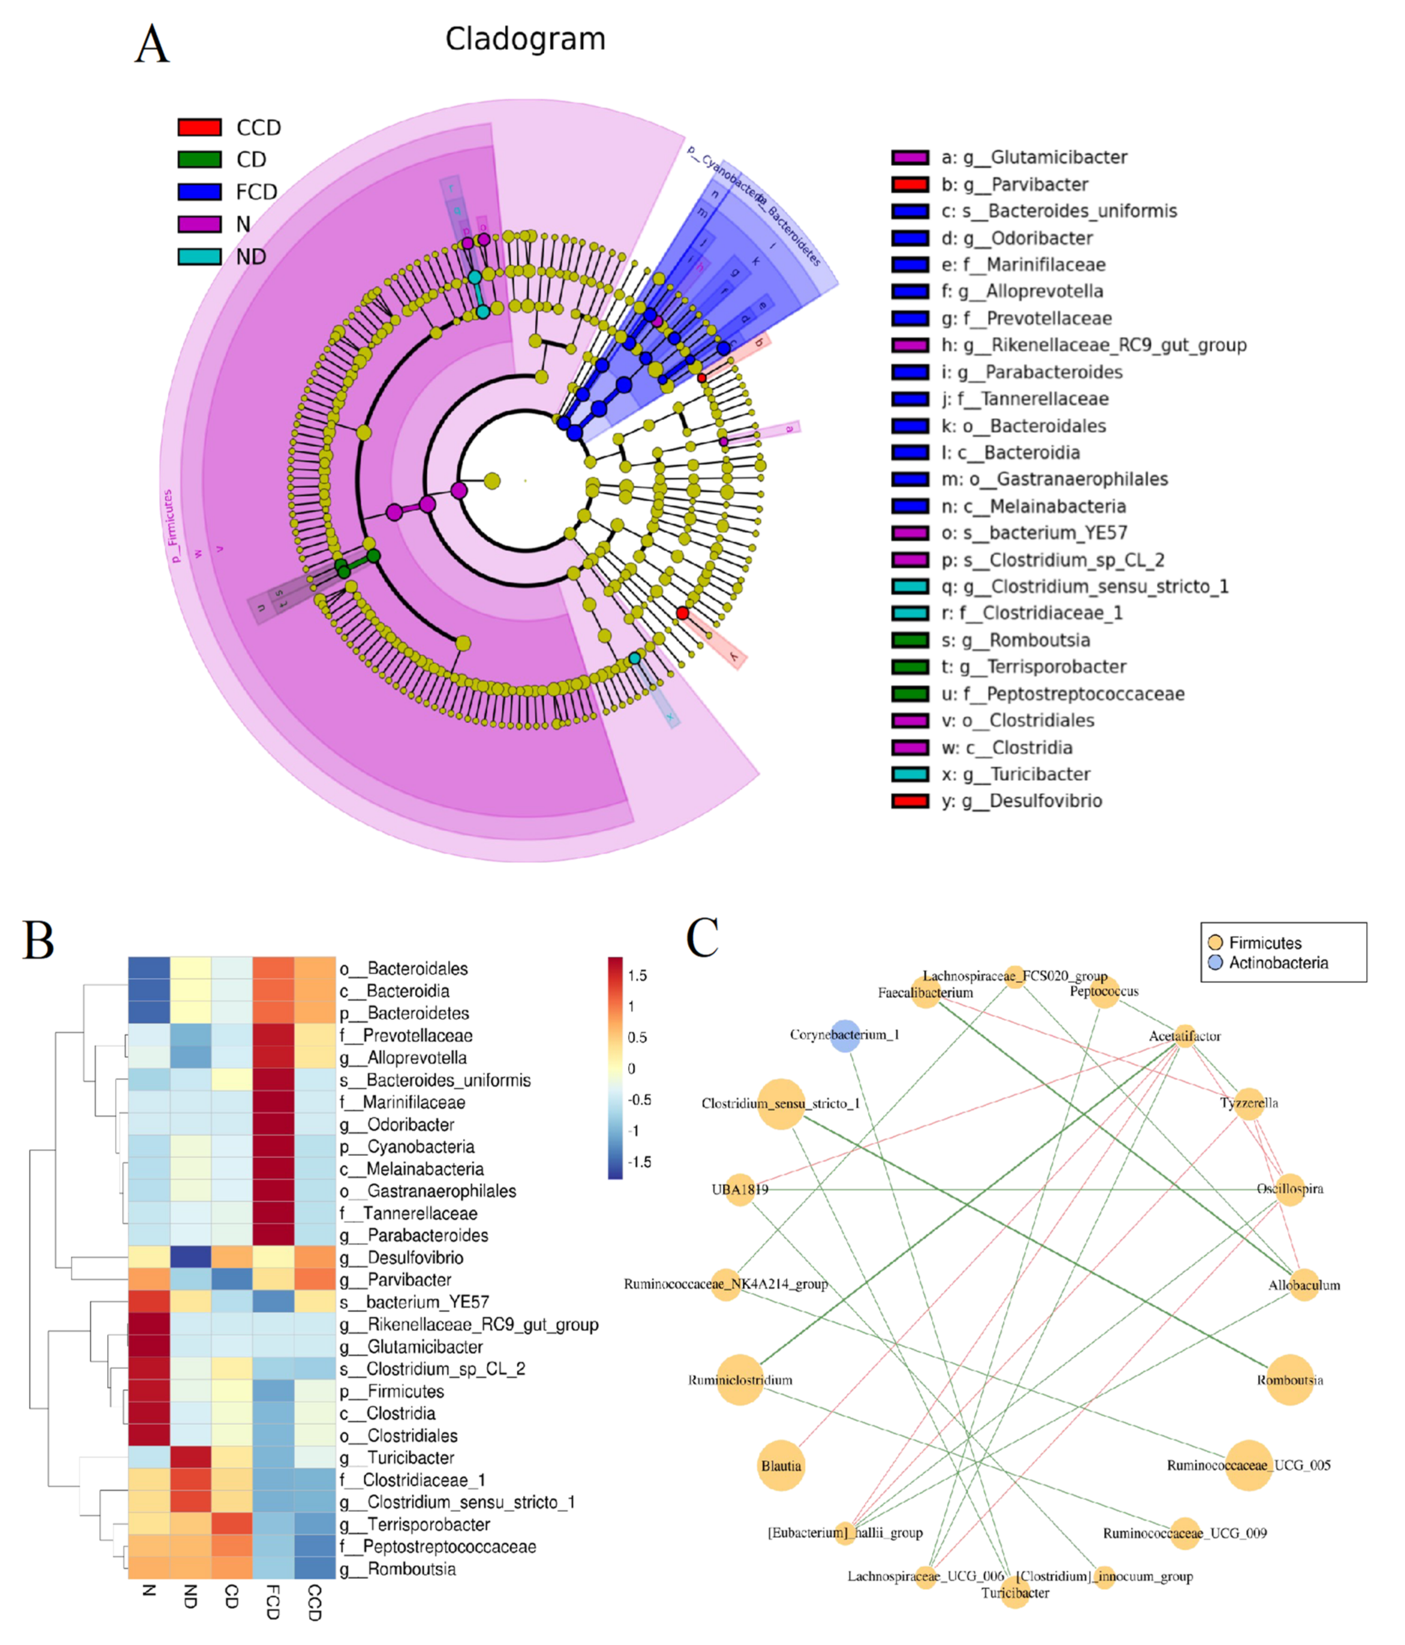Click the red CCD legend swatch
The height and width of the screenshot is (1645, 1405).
(199, 127)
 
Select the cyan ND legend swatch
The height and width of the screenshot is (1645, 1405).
(199, 257)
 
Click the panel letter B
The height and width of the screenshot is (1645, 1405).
(38, 941)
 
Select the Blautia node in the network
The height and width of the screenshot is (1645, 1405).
(781, 1465)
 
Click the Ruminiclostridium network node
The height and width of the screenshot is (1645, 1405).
(740, 1380)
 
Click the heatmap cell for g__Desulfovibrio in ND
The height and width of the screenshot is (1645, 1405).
(191, 1257)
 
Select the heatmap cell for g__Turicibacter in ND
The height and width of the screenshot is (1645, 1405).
(191, 1458)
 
